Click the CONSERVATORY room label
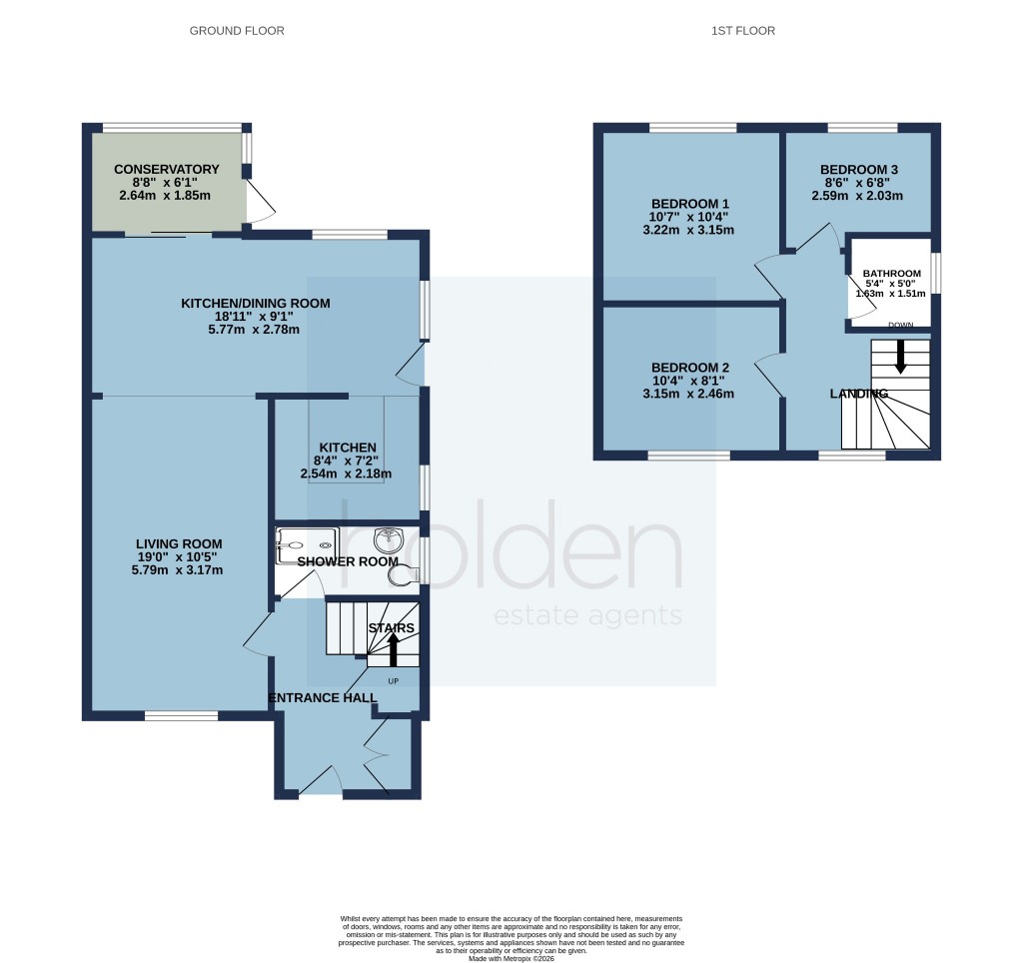coord(166,169)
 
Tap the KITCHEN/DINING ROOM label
coord(255,303)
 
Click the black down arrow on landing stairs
coord(900,356)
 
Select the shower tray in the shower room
coord(308,543)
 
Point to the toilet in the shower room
coord(404,573)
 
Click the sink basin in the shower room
coord(388,541)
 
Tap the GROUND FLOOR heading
coord(237,31)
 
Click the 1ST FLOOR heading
coord(742,31)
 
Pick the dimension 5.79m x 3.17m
coord(176,570)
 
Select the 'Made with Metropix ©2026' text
coord(511,958)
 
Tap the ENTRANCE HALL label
coord(322,697)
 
